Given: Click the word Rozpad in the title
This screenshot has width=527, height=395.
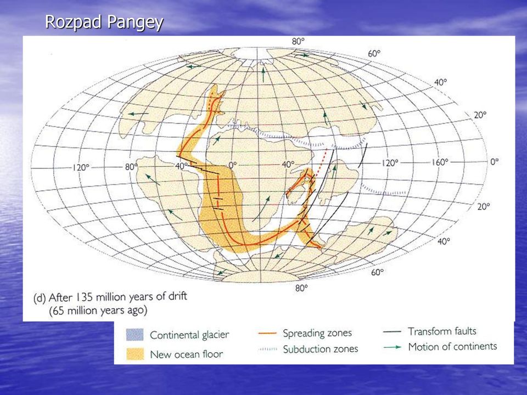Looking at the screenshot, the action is (73, 22).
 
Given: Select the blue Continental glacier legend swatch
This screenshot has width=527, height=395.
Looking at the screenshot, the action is (135, 335).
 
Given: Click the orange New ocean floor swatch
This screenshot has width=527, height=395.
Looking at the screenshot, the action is (135, 354).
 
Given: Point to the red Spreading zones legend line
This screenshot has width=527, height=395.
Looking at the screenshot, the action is (267, 334).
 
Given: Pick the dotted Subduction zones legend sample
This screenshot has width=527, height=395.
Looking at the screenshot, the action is (268, 349).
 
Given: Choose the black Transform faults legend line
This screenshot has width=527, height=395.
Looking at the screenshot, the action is (392, 331).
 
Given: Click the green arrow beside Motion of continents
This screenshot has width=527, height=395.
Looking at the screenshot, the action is (392, 347).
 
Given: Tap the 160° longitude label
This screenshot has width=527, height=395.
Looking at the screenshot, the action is (440, 162).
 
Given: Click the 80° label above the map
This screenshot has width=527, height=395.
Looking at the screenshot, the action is (298, 42).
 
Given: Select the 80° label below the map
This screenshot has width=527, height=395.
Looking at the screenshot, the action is (301, 288).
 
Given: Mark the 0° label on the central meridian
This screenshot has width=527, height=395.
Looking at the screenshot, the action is (233, 165).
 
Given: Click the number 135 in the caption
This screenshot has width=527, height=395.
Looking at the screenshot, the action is (85, 297).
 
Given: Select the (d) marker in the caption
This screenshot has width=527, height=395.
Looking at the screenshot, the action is (40, 298).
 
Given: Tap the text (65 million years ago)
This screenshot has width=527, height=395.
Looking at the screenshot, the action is (98, 311).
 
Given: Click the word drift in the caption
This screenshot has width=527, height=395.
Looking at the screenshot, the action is (177, 296).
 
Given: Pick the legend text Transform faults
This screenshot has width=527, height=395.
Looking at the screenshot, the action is (442, 331).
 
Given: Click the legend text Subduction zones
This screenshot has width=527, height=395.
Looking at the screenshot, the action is (320, 349).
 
